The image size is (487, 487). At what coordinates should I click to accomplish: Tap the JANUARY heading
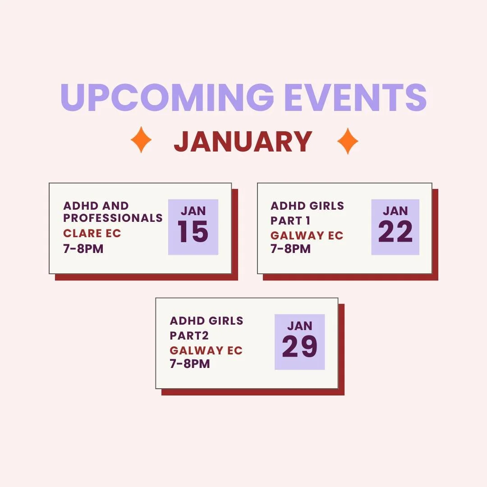point(243,142)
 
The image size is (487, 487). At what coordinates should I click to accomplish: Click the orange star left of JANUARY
point(141,141)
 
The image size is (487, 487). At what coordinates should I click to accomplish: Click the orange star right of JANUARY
point(348,141)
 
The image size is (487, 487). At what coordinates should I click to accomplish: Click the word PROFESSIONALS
point(113,218)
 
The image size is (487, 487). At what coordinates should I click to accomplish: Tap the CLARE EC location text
point(92,234)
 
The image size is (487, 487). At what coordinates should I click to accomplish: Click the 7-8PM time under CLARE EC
point(83,248)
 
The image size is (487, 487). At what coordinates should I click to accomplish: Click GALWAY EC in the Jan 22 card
point(307,235)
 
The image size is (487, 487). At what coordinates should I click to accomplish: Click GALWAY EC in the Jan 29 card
point(206,350)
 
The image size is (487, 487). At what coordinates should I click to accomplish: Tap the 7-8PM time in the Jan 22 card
point(290,249)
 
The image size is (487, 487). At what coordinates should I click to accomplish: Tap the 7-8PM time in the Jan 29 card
point(190,364)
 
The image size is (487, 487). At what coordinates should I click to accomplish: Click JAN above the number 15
point(193,211)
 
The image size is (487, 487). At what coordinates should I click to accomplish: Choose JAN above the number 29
point(300,326)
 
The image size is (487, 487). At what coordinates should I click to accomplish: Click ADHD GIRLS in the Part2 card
point(207,321)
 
